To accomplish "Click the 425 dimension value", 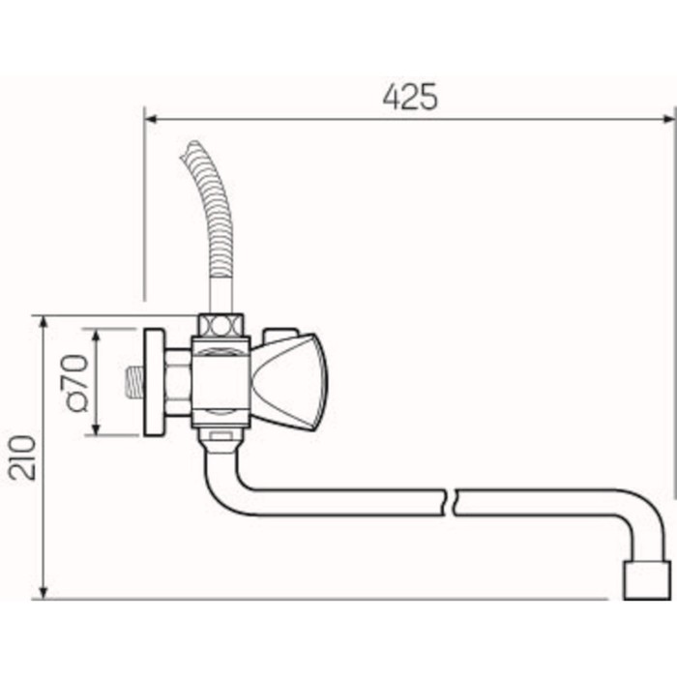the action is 410,97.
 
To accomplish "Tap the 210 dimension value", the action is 23,457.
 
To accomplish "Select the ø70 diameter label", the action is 78,383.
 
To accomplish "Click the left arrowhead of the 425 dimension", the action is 151,120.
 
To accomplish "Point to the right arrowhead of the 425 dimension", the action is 667,120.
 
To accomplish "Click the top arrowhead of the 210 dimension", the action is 44,322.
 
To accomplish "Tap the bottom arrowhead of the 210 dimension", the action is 44,592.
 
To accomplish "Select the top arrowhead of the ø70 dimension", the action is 97,335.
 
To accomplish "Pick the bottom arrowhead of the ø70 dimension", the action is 97,428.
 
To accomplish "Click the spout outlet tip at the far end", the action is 647,580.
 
